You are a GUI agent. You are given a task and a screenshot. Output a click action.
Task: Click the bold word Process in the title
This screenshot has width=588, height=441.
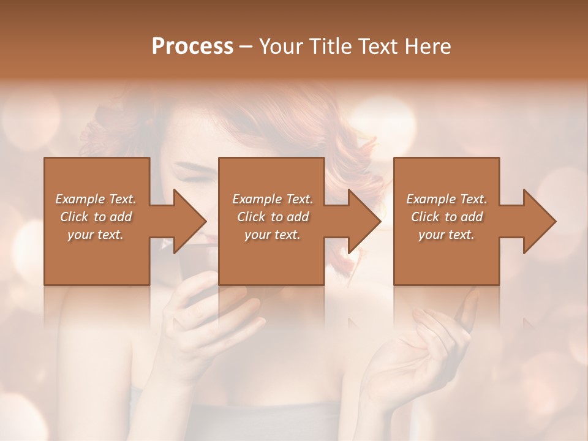click(x=192, y=47)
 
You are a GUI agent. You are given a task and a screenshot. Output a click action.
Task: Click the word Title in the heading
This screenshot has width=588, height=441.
click(x=331, y=47)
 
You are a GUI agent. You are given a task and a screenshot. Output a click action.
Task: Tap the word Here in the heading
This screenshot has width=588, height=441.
click(x=428, y=47)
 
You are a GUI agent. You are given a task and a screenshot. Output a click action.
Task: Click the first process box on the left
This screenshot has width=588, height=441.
click(x=97, y=257)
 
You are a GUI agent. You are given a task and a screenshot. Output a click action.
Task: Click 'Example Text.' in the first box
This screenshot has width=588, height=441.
click(x=96, y=199)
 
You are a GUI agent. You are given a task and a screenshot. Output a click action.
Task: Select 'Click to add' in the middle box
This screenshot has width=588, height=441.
click(x=273, y=217)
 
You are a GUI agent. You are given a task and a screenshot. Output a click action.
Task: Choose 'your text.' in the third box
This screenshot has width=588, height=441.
click(x=447, y=235)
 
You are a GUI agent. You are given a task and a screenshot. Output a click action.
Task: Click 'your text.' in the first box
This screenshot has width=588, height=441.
click(x=96, y=235)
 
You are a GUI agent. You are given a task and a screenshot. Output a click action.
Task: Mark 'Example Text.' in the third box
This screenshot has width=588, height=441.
click(x=447, y=199)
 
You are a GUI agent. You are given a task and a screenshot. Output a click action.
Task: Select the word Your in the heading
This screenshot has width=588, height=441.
click(x=281, y=47)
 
